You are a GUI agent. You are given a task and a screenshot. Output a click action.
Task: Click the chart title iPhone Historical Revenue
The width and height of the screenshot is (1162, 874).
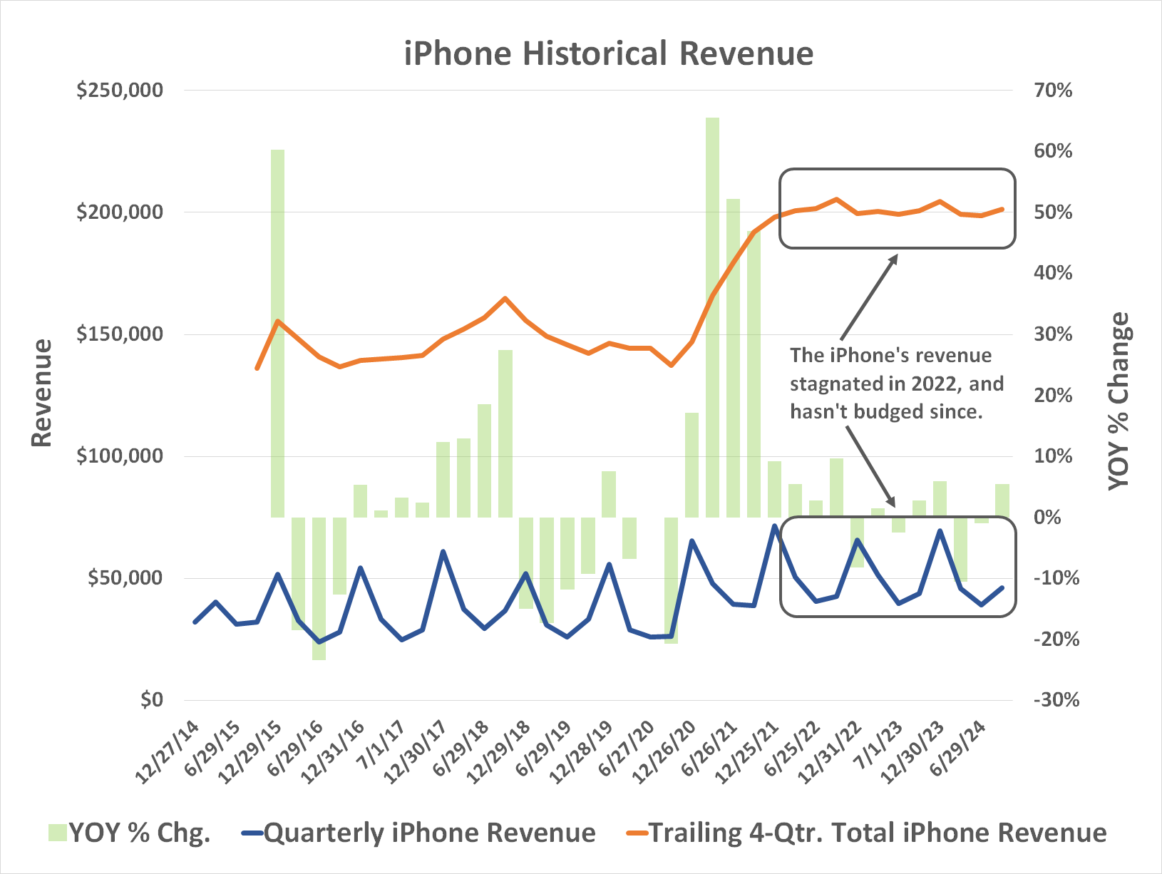(608, 53)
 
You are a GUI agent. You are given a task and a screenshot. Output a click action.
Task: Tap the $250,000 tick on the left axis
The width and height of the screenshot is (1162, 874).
(120, 91)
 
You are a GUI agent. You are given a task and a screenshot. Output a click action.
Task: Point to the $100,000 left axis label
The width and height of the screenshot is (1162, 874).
(120, 456)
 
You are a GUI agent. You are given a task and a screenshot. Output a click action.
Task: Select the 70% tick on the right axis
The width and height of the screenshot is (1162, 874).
(1052, 91)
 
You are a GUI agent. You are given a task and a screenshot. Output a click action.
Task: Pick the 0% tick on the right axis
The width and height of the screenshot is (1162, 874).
(1047, 517)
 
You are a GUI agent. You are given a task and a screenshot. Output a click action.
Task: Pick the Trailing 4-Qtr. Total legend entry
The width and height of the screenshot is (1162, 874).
(867, 833)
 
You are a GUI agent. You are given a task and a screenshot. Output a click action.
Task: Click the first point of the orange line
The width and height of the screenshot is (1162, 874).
(257, 369)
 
